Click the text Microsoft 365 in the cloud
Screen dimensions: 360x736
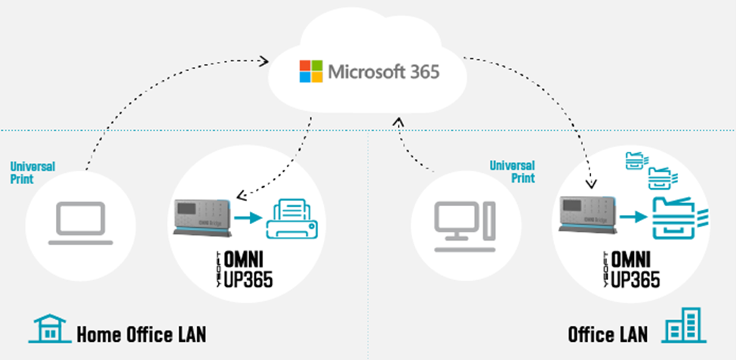pos(383,73)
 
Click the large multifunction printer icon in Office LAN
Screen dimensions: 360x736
pos(677,216)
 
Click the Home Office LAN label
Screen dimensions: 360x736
pos(141,334)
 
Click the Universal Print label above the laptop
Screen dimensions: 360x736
pos(32,172)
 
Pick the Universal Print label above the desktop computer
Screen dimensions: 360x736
pos(512,171)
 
